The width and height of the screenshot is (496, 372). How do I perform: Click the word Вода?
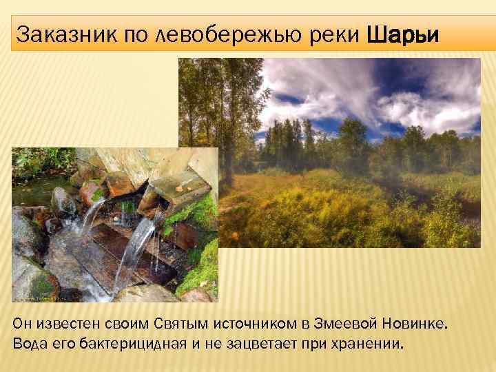(x=30, y=343)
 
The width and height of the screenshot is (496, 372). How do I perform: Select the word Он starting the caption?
(x=22, y=324)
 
